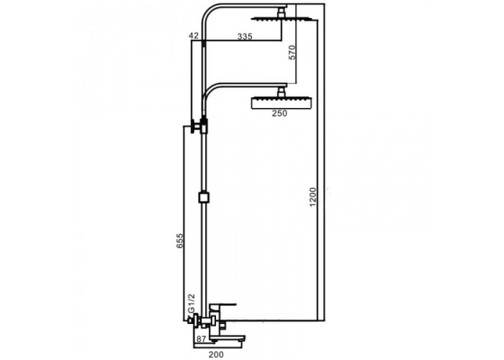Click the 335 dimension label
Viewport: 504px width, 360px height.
245,36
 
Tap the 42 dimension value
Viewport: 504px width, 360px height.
194,36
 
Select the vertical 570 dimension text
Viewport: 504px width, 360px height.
292,52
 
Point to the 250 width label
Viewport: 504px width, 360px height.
279,113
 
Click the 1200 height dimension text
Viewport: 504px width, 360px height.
312,197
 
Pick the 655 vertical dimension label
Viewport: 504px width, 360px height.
180,240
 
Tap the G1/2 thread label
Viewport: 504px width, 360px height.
192,303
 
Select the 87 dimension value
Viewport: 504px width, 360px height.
201,339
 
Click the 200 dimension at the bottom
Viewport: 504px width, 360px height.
216,354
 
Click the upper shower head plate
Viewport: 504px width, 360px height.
282,19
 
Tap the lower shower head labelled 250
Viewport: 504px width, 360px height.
281,102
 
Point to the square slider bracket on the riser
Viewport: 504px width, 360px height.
204,197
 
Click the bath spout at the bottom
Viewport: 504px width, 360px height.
228,338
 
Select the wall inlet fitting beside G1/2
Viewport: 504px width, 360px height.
192,320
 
